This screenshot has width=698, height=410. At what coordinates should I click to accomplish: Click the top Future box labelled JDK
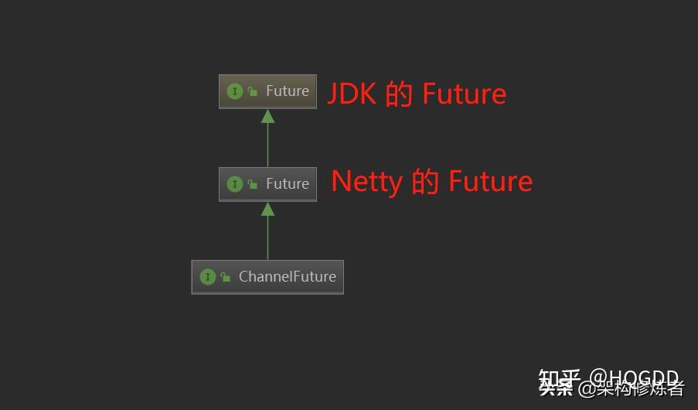pos(267,91)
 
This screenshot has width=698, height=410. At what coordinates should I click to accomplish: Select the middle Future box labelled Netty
pos(267,184)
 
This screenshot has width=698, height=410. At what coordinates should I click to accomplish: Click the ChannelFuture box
pos(267,277)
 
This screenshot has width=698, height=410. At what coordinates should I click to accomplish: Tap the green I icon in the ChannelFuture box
pos(207,277)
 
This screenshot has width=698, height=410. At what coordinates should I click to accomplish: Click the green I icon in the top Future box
pos(235,91)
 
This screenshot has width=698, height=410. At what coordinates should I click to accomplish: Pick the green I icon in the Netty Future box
pos(235,184)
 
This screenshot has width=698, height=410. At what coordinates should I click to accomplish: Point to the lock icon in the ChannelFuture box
pos(226,277)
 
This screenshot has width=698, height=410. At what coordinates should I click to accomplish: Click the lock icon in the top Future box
pos(253,91)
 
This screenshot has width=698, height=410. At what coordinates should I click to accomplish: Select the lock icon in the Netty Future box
pos(253,184)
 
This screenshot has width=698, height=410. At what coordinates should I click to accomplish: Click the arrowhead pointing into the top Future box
pos(267,116)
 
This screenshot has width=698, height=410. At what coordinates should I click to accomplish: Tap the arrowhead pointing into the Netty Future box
pos(267,209)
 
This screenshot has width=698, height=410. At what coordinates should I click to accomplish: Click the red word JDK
pos(352,94)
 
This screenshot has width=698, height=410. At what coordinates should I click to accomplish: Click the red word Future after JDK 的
pos(464,94)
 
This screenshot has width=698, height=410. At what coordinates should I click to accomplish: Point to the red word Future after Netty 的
pos(490,183)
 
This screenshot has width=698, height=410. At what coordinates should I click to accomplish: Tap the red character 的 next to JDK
pos(399,94)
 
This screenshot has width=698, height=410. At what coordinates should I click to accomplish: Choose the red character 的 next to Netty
pos(425,183)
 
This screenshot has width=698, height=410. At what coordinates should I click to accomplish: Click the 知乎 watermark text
pos(558,379)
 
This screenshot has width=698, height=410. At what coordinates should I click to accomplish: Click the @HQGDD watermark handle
pos(634,378)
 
